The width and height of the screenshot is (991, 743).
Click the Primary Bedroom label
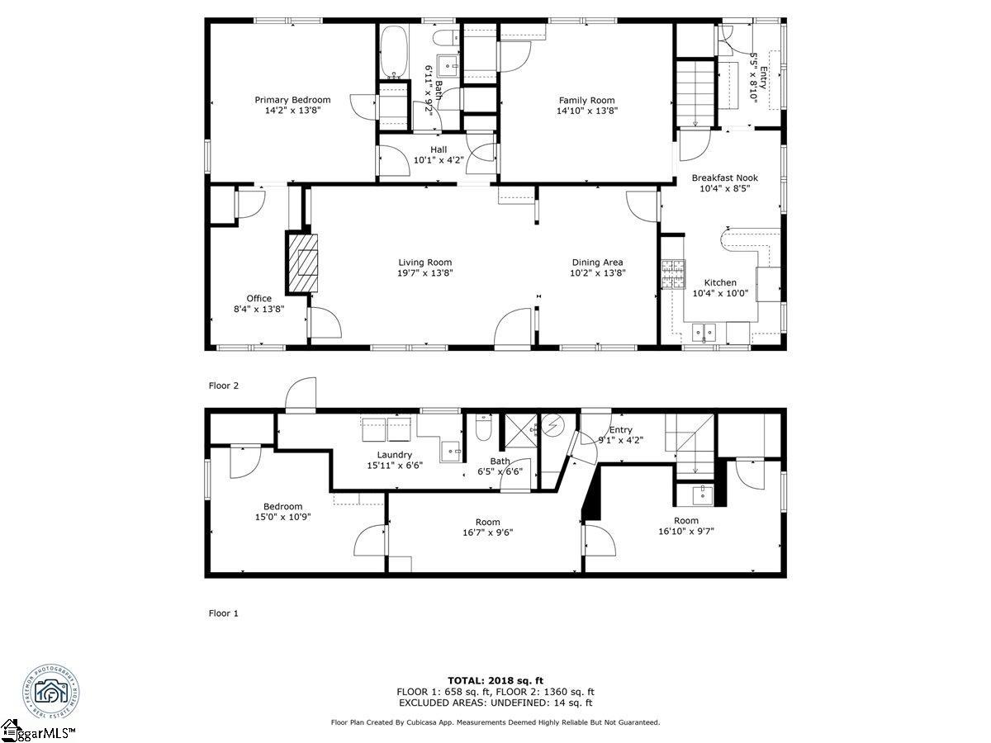(x=292, y=100)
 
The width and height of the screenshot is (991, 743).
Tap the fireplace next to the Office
(x=303, y=263)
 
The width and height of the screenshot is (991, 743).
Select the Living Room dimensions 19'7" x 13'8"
(x=425, y=273)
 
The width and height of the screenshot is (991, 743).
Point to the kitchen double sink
(x=704, y=333)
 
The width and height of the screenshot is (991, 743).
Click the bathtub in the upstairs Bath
(x=393, y=50)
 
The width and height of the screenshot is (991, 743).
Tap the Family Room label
(x=586, y=100)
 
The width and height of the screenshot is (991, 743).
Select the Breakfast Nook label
(x=724, y=177)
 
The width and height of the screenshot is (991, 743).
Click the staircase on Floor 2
(x=695, y=94)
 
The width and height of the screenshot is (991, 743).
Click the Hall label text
(x=439, y=149)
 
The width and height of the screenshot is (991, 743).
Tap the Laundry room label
(x=394, y=455)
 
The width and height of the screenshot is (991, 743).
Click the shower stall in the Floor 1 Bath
(x=520, y=429)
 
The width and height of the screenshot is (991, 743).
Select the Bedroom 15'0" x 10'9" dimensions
(x=282, y=518)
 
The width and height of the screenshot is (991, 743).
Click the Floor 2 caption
(x=223, y=386)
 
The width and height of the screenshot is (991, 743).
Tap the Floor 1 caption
(x=223, y=613)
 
